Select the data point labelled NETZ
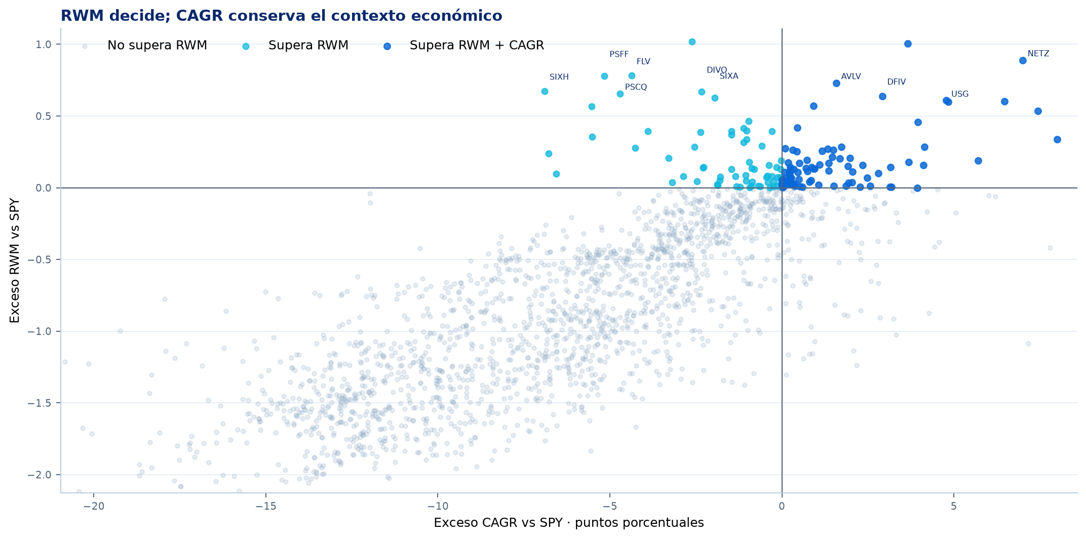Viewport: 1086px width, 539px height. coord(1023,61)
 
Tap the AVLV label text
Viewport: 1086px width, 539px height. coord(851,76)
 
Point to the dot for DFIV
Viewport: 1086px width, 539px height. coord(882,96)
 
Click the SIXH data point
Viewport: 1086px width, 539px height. coord(545,91)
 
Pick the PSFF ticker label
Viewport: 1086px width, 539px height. coord(619,55)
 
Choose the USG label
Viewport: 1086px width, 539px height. coord(960,94)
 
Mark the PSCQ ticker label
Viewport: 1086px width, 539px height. coord(636,87)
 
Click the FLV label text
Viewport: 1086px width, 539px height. coord(643,62)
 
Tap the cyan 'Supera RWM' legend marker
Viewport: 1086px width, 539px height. coord(246,46)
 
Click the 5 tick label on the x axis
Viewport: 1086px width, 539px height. coord(954,506)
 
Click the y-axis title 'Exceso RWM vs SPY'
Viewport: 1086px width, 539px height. coord(15,260)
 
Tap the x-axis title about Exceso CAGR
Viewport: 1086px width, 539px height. coord(569,523)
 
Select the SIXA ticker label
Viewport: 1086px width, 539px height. coord(729,76)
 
